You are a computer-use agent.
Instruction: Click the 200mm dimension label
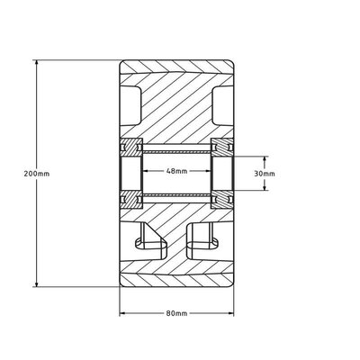pos(37,174)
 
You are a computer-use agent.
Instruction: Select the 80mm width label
pos(176,313)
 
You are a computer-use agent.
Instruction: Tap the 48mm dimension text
pos(176,171)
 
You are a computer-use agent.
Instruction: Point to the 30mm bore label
pos(265,174)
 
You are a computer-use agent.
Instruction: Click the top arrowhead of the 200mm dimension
pos(37,63)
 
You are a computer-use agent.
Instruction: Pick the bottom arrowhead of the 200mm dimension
pos(37,283)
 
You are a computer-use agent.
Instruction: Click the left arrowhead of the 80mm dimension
pos(122,313)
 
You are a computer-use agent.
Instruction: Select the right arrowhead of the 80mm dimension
pos(230,313)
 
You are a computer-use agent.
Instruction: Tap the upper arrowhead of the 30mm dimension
pos(265,159)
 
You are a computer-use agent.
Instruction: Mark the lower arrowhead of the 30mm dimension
pos(265,187)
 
